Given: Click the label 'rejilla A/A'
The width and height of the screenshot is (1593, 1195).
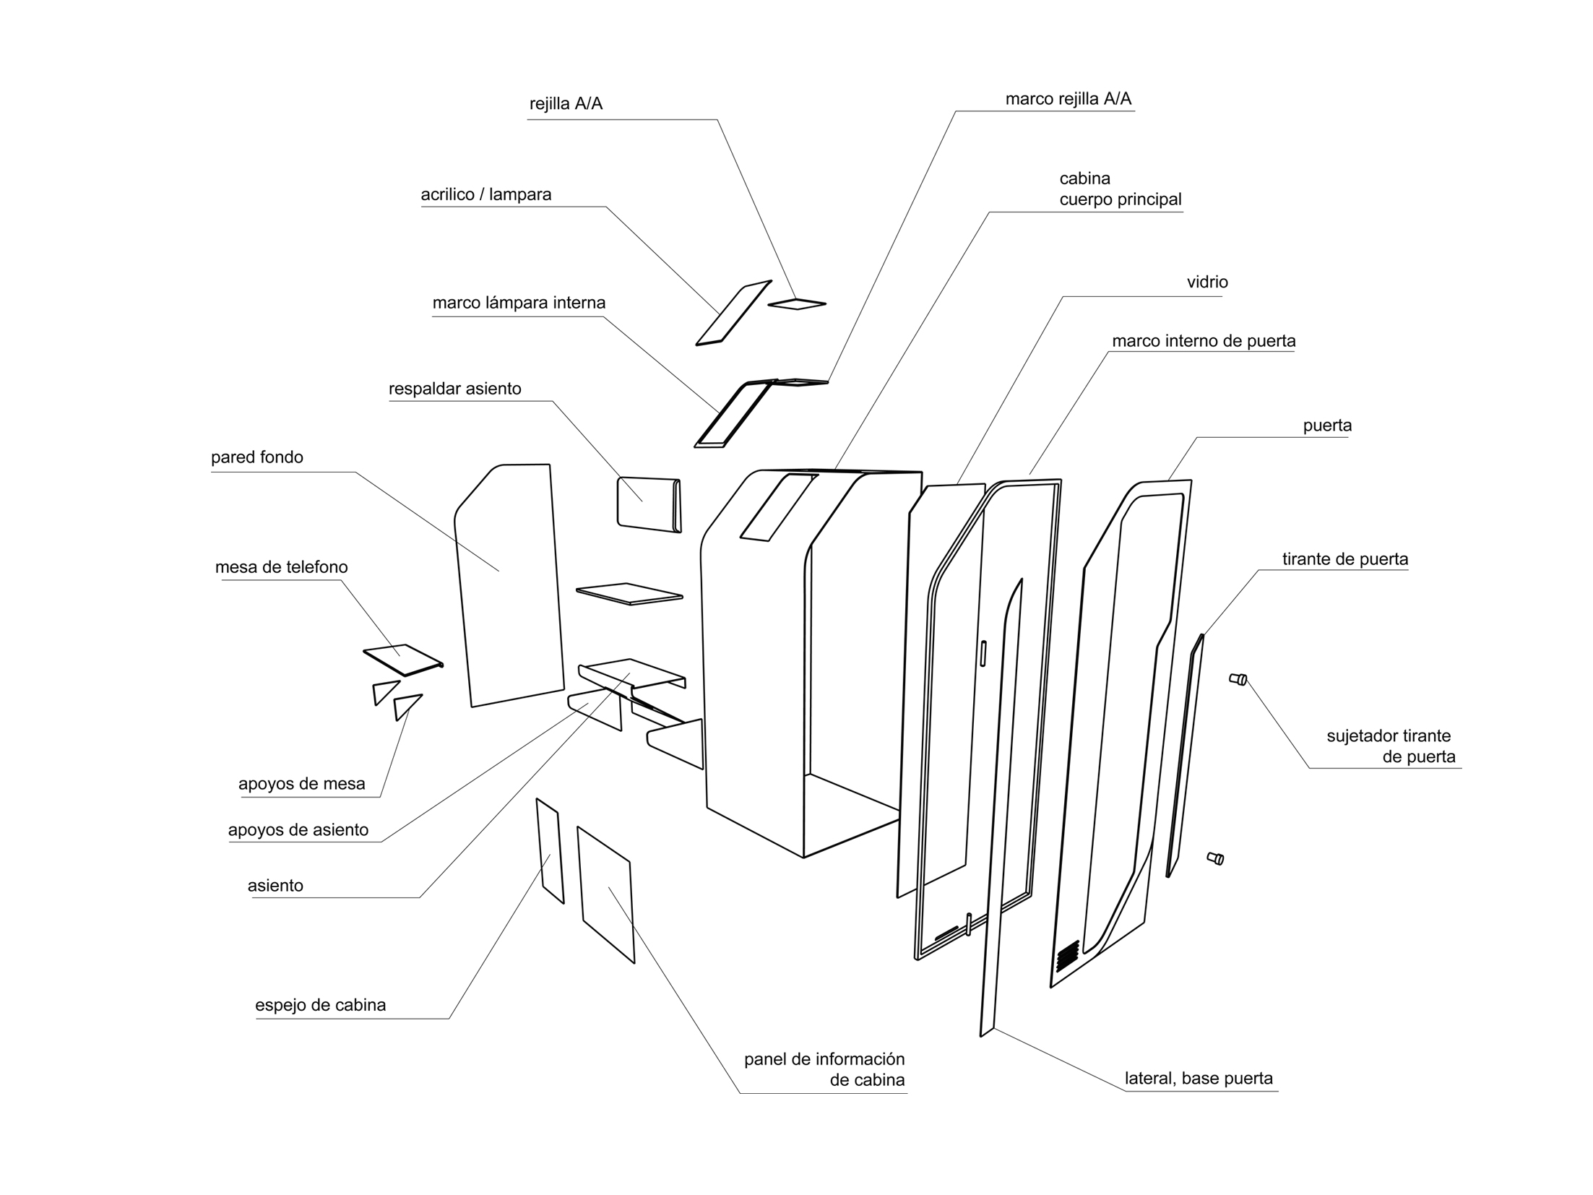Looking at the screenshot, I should click(x=566, y=104).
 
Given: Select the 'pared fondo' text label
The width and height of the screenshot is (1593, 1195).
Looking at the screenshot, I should click(x=256, y=457).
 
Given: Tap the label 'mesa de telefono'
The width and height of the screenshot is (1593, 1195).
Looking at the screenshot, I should click(x=281, y=567).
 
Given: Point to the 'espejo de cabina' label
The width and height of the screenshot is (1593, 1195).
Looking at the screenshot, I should click(x=320, y=1005).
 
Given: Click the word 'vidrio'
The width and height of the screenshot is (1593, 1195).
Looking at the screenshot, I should click(x=1206, y=282).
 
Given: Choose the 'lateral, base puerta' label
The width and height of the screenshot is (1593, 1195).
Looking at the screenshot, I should click(x=1198, y=1079).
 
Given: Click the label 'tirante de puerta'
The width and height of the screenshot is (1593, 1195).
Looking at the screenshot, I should click(x=1344, y=559).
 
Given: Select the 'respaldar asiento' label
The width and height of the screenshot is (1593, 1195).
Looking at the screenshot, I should click(x=454, y=389).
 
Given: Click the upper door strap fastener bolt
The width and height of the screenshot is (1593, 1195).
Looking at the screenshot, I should click(x=1238, y=679).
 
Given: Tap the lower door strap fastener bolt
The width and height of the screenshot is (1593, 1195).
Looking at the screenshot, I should click(x=1215, y=858).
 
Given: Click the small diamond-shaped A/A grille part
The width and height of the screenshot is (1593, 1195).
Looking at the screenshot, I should click(x=796, y=304).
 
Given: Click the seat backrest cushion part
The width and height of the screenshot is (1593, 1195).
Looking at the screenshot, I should click(x=648, y=504).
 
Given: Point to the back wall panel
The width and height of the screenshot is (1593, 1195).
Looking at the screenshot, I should click(x=509, y=585).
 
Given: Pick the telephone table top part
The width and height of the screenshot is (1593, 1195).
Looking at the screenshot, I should click(x=402, y=660).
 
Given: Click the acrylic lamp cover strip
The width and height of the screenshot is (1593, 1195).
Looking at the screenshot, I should click(x=733, y=313).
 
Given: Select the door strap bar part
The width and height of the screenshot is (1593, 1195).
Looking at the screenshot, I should click(x=1185, y=755).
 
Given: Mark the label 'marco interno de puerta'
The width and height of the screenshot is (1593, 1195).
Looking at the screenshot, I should click(x=1203, y=341).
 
